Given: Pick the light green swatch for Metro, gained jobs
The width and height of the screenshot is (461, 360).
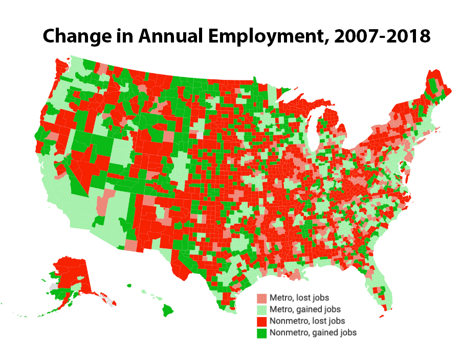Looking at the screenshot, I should point(262,310).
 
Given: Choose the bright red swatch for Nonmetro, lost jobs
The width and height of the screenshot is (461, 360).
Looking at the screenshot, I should point(262,322).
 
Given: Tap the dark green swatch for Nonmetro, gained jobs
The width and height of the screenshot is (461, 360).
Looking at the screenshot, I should point(262,333).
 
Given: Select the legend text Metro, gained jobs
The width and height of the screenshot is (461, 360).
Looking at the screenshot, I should point(305,309).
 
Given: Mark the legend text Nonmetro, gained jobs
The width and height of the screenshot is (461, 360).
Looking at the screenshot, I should point(313,332).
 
